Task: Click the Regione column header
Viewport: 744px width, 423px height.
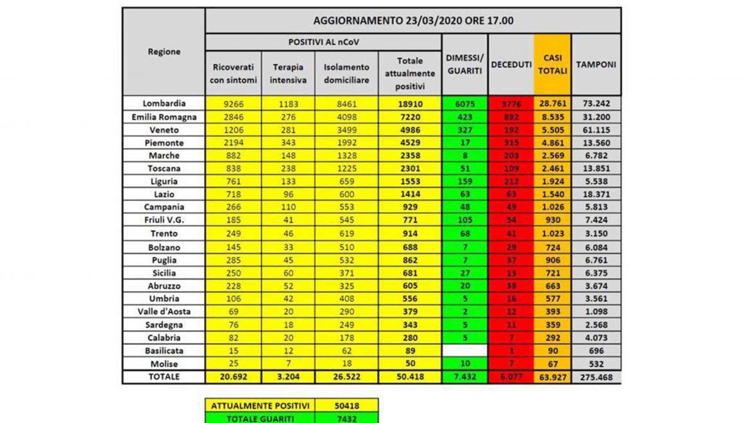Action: pos(164,52)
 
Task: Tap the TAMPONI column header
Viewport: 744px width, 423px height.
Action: pos(596,65)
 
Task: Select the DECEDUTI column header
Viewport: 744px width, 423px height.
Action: pos(511,65)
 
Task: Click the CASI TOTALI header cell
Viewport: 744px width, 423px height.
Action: pos(552,65)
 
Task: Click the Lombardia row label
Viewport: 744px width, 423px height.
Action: pos(164,103)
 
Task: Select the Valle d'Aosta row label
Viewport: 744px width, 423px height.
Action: pos(164,311)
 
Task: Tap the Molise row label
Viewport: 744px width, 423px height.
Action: pos(164,364)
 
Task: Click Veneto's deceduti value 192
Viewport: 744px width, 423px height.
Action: pos(511,129)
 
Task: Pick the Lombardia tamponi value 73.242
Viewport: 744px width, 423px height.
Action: pos(596,103)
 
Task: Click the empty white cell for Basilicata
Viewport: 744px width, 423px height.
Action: pos(465,351)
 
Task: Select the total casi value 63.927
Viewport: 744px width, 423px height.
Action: pos(552,377)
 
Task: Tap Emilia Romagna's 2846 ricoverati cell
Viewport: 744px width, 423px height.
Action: pos(233,117)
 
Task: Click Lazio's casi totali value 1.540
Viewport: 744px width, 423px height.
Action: pos(552,194)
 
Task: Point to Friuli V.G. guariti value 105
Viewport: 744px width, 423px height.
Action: pos(465,220)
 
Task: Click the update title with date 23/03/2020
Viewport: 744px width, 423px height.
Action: pos(413,21)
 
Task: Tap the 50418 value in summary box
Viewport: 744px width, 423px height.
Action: pos(346,405)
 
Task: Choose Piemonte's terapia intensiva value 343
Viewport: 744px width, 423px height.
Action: pos(288,142)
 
